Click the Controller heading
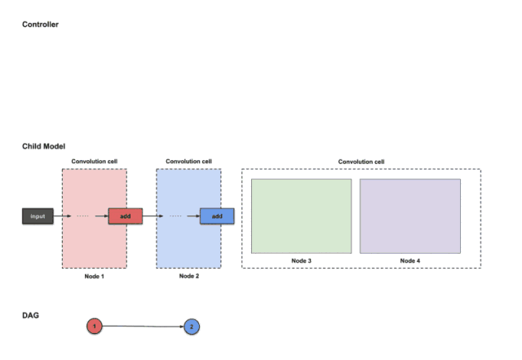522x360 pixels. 40,24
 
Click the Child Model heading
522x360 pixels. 43,146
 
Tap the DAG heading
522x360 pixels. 30,314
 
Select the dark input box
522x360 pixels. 38,216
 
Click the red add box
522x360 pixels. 125,216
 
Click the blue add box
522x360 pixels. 217,216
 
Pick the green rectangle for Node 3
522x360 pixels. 301,216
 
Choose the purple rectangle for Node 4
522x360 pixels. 409,216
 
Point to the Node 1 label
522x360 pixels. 94,277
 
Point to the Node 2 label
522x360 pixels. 188,277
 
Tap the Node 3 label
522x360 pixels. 301,260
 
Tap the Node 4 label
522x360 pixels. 409,260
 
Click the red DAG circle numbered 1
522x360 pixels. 95,327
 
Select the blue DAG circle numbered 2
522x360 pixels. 192,327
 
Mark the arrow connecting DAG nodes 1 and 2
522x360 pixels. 143,327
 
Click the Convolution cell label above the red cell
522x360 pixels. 94,161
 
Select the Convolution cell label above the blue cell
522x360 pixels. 188,161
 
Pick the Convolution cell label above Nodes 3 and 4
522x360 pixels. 361,161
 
